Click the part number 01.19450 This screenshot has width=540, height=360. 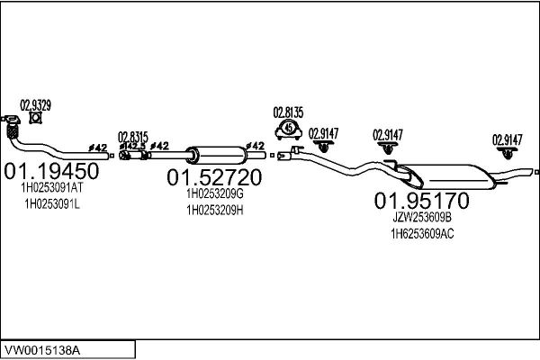[51, 171]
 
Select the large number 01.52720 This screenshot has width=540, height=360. [214, 177]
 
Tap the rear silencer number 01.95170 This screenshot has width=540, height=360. [421, 201]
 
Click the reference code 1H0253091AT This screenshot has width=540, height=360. [52, 188]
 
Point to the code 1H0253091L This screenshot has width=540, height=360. [52, 204]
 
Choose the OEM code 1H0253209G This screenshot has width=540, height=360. [215, 193]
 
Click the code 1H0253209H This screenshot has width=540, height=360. [215, 210]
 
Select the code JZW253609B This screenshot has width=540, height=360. [422, 218]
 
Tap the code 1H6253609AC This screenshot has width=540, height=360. [422, 234]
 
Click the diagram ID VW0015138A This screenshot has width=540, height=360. [42, 350]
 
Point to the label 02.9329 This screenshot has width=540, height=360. [35, 105]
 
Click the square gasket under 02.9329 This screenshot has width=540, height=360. [35, 118]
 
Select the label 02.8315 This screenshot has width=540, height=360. [133, 137]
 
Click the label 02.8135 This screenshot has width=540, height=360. [288, 112]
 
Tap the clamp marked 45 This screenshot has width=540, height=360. [289, 130]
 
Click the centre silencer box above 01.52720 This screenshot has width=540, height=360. [216, 156]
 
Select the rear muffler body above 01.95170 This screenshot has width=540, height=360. [447, 176]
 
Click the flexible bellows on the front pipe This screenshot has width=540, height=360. [13, 131]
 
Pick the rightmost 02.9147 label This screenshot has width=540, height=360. [507, 139]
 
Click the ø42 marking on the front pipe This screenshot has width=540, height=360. [98, 148]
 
